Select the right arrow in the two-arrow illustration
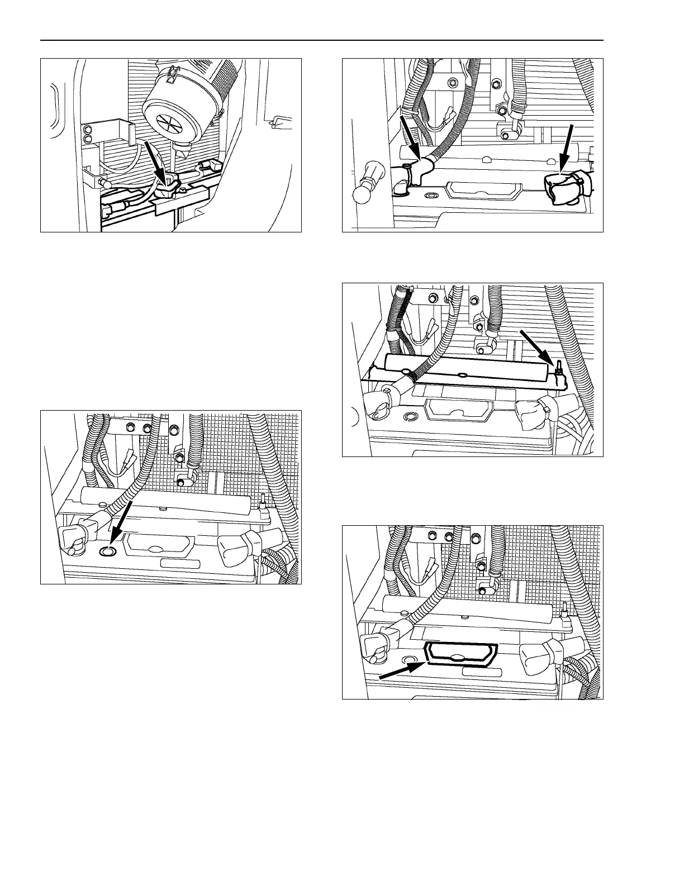pos(566,146)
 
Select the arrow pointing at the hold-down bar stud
pos(538,346)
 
